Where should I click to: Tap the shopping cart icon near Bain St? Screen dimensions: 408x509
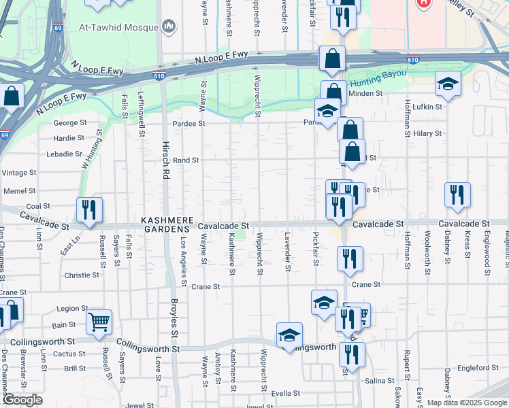(99, 322)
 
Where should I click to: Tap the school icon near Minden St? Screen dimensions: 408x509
(447, 83)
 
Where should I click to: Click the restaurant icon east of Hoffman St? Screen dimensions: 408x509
(457, 194)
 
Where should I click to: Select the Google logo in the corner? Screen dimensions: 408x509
(22, 400)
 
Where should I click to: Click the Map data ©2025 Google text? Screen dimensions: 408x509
(467, 403)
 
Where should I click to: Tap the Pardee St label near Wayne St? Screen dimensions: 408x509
(188, 124)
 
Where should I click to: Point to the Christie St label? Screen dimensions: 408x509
(82, 275)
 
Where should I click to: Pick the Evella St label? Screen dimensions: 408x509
(286, 393)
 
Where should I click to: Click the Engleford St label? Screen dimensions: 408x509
(478, 368)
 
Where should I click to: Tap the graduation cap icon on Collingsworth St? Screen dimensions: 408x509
(289, 335)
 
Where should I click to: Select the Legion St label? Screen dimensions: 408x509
(73, 308)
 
